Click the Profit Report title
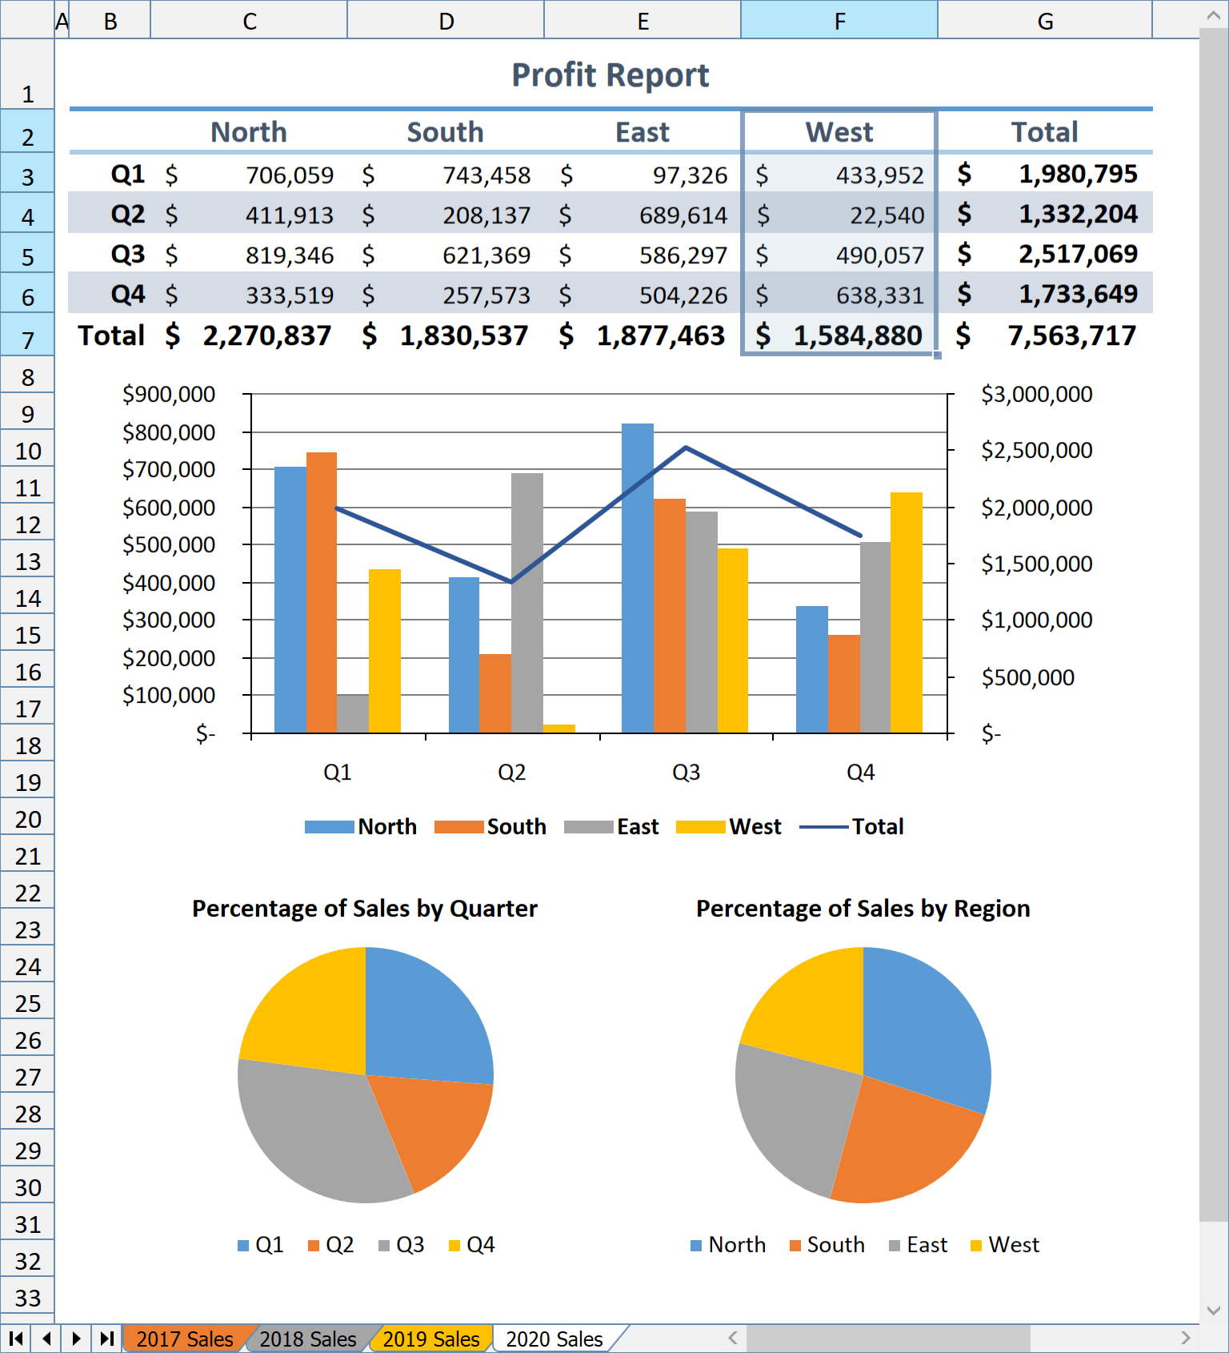tap(610, 75)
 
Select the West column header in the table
tap(839, 132)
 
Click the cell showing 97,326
tap(690, 175)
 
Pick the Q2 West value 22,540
tap(887, 215)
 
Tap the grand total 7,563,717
tap(1071, 335)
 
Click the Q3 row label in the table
tap(127, 255)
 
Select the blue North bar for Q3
tap(638, 576)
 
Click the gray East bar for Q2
tap(527, 600)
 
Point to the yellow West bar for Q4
tap(906, 612)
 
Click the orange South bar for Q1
tap(322, 592)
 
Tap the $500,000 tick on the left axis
tap(169, 545)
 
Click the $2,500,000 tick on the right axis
tap(1036, 451)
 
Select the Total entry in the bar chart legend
tap(877, 826)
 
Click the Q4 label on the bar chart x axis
tap(860, 773)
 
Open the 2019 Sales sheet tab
tap(430, 1339)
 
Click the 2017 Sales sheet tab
tap(184, 1339)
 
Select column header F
tap(839, 21)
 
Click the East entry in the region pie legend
tap(926, 1245)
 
